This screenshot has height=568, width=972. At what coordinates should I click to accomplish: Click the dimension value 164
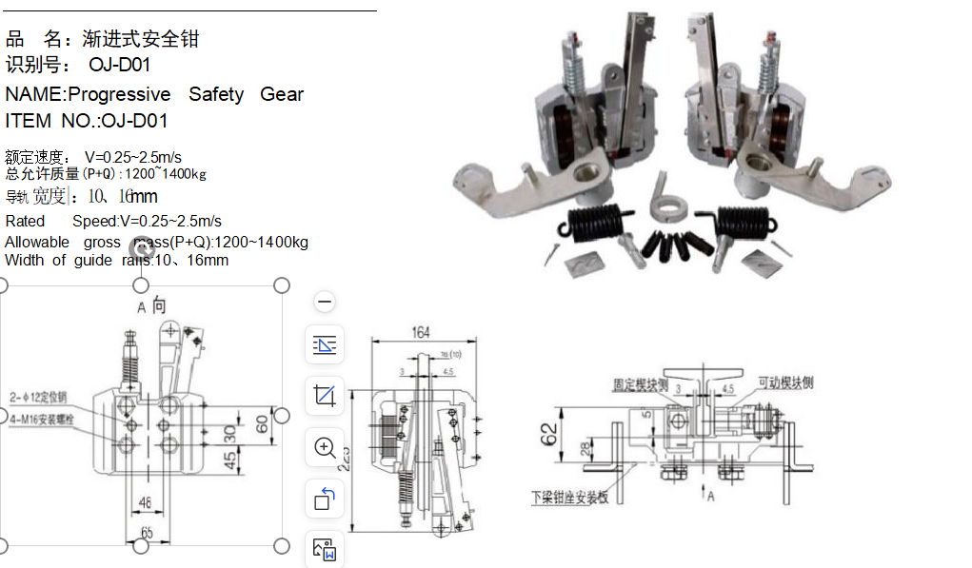click(x=421, y=333)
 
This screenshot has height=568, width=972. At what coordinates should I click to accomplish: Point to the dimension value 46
click(x=145, y=500)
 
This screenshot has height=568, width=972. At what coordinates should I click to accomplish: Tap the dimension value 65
click(x=147, y=532)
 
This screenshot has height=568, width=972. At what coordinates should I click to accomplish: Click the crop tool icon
click(x=325, y=395)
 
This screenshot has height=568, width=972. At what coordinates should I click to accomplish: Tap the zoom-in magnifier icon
click(x=325, y=447)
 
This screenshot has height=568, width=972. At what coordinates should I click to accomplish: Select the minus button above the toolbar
click(x=325, y=303)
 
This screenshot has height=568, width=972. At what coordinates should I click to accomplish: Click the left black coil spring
click(x=596, y=222)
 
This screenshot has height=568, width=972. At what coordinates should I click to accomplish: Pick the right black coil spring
click(x=746, y=221)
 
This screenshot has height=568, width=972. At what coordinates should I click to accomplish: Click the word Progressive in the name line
click(x=119, y=94)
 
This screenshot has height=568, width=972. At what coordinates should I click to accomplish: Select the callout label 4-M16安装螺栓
click(x=44, y=419)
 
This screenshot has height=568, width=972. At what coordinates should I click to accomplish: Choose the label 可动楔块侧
click(x=785, y=382)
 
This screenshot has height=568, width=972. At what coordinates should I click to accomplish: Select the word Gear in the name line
click(x=282, y=94)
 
